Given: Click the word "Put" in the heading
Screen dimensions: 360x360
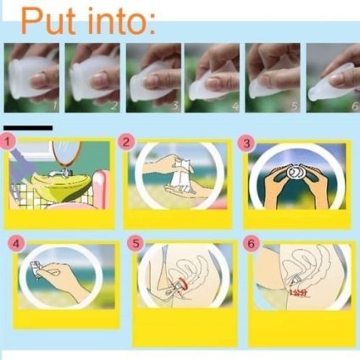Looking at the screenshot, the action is (x=48, y=20).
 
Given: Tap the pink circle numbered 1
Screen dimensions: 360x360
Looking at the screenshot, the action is (x=8, y=141).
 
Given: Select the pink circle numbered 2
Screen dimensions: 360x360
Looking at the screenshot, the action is (x=126, y=141).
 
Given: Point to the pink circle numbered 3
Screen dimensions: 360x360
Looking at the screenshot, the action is (x=246, y=143).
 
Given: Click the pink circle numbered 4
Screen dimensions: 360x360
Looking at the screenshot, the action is (x=16, y=243).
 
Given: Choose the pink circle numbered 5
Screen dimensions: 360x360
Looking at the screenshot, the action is (x=136, y=243).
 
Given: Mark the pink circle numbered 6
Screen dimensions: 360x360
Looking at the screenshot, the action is (x=251, y=243).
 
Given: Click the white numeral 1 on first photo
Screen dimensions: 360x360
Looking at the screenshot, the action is (x=55, y=106).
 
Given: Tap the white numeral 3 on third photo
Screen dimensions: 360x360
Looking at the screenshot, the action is (x=175, y=106).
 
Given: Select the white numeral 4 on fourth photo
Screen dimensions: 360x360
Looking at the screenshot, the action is (x=235, y=107).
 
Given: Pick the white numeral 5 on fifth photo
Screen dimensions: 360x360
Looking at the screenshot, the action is (x=295, y=106).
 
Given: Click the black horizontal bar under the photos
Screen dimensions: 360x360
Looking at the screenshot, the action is (x=28, y=128).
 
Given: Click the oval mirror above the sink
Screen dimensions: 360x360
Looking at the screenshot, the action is (x=67, y=153).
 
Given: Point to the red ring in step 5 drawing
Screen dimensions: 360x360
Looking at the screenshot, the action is (x=183, y=285).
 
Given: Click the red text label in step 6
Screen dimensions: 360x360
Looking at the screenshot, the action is (x=298, y=293).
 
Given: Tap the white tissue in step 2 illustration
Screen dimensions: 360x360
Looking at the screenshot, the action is (x=183, y=175).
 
